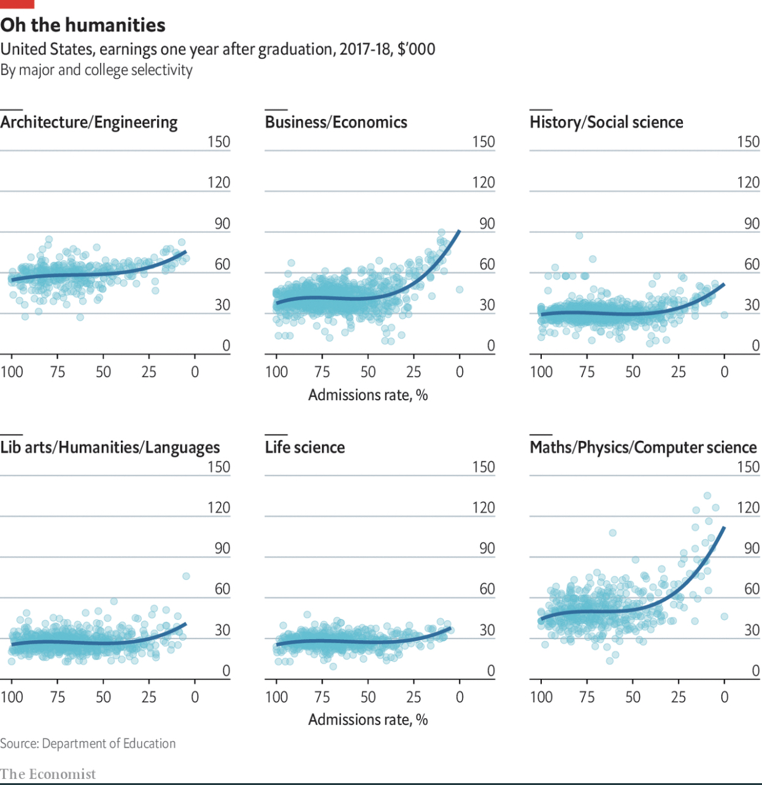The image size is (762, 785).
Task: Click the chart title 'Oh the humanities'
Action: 83,25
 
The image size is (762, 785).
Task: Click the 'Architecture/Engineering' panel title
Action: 89,122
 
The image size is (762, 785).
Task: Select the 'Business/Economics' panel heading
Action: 336,122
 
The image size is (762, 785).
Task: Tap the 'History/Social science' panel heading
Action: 606,122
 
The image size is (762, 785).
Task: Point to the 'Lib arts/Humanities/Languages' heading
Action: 110,447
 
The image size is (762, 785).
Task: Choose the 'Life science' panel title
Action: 305,447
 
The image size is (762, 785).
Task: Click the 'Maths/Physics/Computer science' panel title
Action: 643,447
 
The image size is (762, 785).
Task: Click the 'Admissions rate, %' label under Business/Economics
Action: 368,395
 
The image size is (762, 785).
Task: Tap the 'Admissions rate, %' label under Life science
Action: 368,719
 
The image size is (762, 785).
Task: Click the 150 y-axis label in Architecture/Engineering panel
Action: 218,142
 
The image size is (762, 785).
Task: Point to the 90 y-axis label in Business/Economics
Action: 487,223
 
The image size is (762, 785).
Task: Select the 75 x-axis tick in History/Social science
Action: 587,372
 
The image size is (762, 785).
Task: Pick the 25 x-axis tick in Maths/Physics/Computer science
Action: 679,697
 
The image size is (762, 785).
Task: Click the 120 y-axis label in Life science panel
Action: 483,507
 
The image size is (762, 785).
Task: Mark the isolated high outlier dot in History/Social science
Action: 579,235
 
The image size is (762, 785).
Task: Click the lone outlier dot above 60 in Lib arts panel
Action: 186,576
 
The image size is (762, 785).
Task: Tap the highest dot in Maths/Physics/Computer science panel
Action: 707,496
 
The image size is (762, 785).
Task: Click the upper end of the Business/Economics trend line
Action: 459,231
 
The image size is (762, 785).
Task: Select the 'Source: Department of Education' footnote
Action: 88,743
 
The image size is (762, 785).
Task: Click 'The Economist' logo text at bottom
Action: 48,774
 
